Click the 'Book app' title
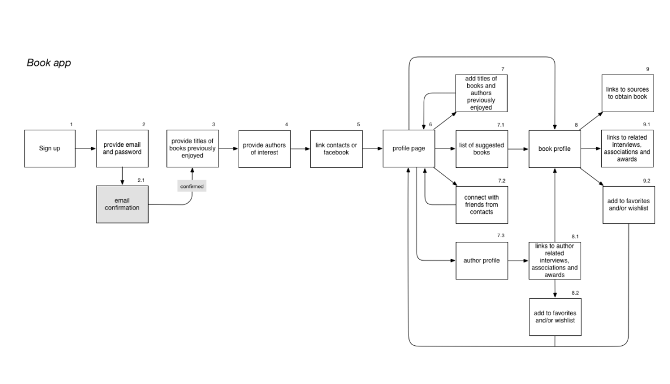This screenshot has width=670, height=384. tap(49, 63)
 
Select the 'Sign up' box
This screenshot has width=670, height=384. tap(49, 149)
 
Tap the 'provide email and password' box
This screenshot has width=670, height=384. tap(122, 149)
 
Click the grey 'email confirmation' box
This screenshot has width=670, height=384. tap(122, 204)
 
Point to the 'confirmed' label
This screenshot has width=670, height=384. tap(192, 186)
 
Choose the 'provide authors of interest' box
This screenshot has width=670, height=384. tap(266, 149)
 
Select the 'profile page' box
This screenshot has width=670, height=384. tap(408, 149)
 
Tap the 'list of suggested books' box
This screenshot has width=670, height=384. tap(481, 149)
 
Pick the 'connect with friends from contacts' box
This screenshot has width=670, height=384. tap(481, 204)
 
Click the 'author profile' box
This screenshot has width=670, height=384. tap(481, 260)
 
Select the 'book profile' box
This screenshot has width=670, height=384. tap(554, 149)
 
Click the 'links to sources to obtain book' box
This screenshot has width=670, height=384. tap(627, 93)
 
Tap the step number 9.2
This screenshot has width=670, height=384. tap(646, 180)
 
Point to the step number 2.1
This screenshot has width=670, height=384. tap(142, 179)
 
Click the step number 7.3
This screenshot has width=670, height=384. tap(501, 235)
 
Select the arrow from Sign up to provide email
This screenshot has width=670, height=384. tap(86, 149)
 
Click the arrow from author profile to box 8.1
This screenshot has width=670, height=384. tap(518, 260)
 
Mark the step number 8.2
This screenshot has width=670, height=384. tap(575, 292)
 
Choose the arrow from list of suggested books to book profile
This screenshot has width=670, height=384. tap(518, 149)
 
